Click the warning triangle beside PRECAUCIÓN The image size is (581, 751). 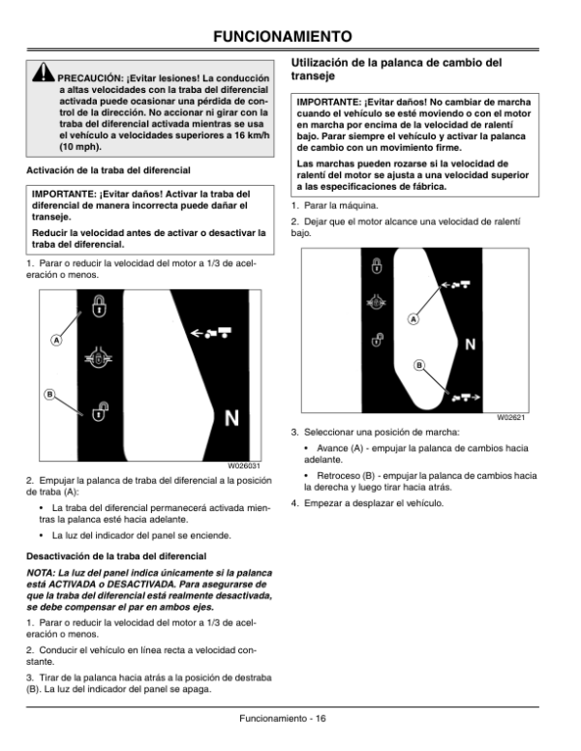click(x=44, y=74)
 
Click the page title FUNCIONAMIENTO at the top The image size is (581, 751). click(x=290, y=37)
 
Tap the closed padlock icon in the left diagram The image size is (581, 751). click(x=99, y=308)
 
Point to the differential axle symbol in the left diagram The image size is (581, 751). click(x=99, y=359)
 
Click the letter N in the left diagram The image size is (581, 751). click(x=231, y=419)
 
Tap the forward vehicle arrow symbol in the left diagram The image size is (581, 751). click(x=212, y=332)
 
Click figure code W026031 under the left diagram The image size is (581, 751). click(x=244, y=465)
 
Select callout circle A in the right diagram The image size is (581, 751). click(x=413, y=318)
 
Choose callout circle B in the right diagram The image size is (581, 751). click(x=420, y=365)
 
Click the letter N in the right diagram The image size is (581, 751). click(x=469, y=344)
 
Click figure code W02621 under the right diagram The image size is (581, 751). click(x=510, y=417)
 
